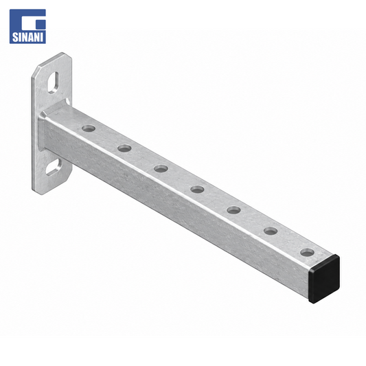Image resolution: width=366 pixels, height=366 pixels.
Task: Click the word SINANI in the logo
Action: (27, 37)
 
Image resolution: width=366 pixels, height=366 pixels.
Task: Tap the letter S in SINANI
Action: (14, 37)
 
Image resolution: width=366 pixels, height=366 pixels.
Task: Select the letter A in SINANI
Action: (31, 37)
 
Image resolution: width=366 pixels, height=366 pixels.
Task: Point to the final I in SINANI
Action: (42, 37)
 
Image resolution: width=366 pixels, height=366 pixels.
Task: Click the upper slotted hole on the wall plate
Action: (53, 82)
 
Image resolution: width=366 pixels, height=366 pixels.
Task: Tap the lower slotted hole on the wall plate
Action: (54, 167)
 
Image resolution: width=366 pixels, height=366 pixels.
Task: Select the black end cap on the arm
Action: (324, 279)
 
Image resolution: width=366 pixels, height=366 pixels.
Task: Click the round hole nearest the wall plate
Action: (89, 128)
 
